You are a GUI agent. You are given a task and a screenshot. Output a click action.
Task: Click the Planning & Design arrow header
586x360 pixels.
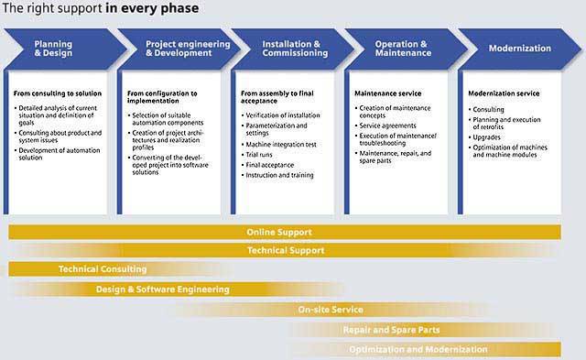tap(65, 49)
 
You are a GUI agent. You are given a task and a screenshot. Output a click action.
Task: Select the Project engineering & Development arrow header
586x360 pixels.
tap(179, 49)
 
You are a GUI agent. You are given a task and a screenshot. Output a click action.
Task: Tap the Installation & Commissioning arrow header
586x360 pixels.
tap(293, 49)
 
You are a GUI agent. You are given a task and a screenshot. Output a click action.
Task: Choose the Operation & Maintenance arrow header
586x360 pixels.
tap(407, 49)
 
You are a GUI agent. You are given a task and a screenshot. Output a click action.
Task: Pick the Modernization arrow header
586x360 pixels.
tap(520, 49)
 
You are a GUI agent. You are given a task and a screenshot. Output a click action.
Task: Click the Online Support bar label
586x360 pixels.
tap(279, 232)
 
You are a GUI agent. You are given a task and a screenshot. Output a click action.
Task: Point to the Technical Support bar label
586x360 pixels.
tap(286, 250)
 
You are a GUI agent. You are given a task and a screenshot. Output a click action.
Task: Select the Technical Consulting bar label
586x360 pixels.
tap(103, 269)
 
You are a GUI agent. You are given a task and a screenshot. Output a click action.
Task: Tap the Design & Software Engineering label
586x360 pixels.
tap(163, 289)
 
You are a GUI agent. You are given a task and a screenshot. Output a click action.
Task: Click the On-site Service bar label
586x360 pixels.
tap(331, 310)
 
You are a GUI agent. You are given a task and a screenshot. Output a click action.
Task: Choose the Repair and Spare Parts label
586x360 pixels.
tap(391, 330)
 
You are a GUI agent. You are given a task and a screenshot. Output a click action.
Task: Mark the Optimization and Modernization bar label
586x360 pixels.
tap(418, 350)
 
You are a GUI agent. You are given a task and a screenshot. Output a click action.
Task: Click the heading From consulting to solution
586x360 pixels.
tap(58, 93)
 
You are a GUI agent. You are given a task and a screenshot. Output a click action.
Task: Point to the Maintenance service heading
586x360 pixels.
tap(388, 93)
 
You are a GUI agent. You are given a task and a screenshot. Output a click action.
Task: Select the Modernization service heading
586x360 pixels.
tap(504, 93)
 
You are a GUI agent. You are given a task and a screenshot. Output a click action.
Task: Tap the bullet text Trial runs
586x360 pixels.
tap(259, 155)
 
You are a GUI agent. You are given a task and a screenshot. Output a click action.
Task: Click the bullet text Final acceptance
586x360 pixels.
tap(270, 165)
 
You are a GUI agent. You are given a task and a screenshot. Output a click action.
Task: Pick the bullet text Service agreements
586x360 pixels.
tap(387, 125)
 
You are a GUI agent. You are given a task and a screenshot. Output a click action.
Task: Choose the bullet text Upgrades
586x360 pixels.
tap(486, 137)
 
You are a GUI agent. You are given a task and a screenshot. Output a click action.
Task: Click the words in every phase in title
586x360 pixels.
tap(152, 8)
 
